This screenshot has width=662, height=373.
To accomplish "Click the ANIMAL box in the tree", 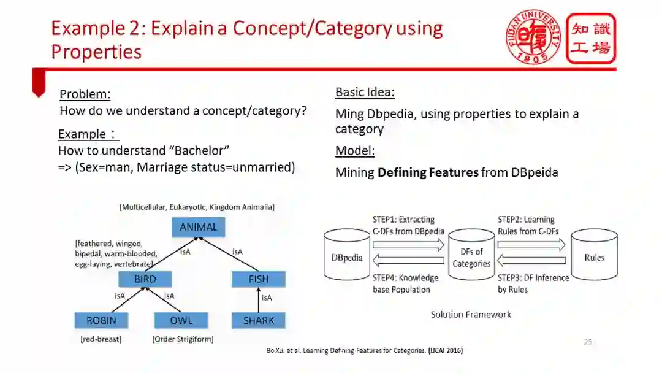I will (198, 227).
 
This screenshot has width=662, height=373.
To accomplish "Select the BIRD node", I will (145, 279).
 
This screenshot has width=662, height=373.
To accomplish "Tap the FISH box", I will (259, 279).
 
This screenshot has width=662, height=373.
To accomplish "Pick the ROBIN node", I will (101, 320).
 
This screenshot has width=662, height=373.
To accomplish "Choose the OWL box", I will (181, 320).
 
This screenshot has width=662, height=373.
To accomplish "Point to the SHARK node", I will (259, 320).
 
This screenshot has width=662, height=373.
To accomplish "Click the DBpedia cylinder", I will (347, 256).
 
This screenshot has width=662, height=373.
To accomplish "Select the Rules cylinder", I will (594, 256).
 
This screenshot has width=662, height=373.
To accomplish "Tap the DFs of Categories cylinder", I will (471, 258).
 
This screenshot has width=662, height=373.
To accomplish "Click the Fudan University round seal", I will (532, 37).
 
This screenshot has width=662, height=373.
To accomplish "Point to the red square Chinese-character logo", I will (590, 39).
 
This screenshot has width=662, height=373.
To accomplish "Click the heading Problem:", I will (85, 94).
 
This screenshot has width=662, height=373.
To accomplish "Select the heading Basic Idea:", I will (365, 93).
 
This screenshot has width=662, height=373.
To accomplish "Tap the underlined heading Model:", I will (355, 151).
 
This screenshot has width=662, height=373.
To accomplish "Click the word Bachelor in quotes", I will (202, 150).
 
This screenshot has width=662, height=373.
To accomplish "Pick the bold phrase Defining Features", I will (428, 172).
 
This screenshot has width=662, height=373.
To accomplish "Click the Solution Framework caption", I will (471, 315).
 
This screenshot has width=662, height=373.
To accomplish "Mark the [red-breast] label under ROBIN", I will (101, 339).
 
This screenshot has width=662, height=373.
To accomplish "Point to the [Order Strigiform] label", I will (183, 339).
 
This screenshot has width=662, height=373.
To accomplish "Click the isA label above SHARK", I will (267, 298).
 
